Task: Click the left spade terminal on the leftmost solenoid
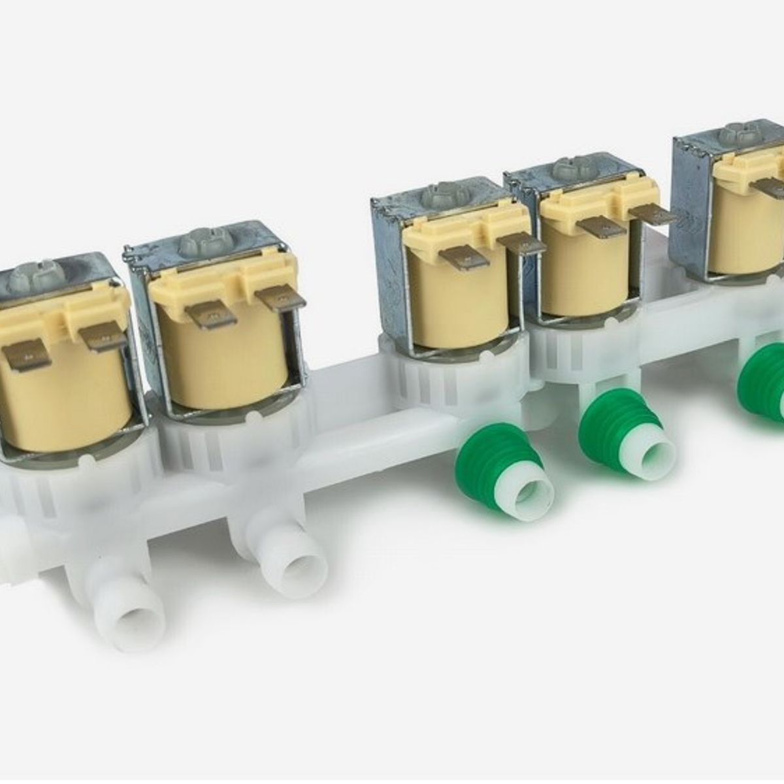tap(26, 358)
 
